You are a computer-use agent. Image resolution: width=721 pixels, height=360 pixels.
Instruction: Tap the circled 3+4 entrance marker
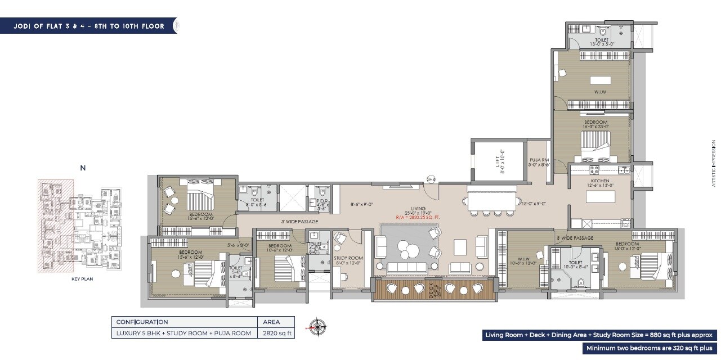(431, 179)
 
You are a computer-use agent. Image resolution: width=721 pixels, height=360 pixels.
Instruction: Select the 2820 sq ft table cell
(276, 334)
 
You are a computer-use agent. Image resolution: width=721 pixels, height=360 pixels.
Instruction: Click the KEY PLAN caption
(82, 279)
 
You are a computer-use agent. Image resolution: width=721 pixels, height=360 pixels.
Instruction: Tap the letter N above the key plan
(83, 168)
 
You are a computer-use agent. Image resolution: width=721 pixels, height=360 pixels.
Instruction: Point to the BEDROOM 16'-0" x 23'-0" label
(595, 125)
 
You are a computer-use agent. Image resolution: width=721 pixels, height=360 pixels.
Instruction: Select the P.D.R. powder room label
(323, 202)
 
